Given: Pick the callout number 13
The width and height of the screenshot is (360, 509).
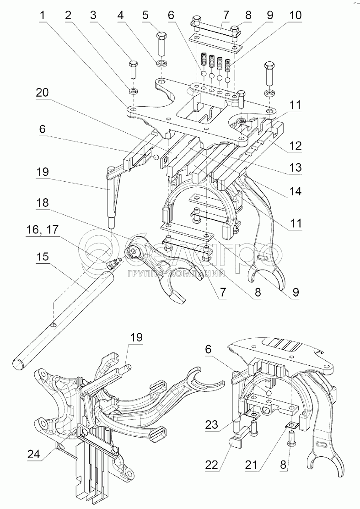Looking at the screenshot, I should [x=295, y=168].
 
